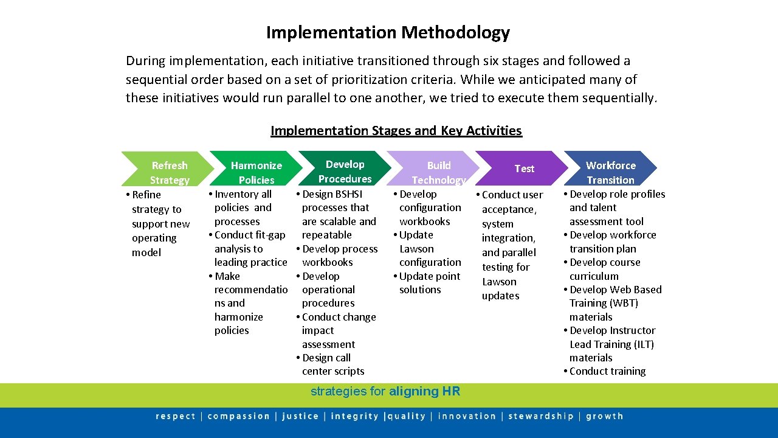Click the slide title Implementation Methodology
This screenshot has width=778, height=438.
click(388, 32)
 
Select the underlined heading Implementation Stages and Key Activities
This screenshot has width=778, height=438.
click(396, 131)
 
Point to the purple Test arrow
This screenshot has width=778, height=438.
click(524, 169)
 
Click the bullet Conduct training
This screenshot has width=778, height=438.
click(607, 371)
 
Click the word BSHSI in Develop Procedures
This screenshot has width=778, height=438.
click(348, 194)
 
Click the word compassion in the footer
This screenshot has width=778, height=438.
click(238, 417)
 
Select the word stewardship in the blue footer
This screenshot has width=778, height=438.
click(540, 417)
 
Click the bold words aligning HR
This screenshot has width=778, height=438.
click(424, 392)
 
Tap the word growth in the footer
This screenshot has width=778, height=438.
click(604, 417)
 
